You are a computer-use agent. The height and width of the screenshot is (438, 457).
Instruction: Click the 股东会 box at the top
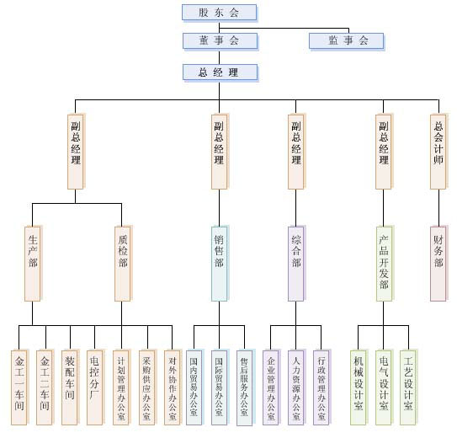(220, 13)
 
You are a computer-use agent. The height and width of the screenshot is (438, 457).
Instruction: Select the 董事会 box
(220, 40)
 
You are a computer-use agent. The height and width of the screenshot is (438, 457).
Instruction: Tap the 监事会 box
(346, 40)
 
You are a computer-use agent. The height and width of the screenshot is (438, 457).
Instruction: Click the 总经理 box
(220, 72)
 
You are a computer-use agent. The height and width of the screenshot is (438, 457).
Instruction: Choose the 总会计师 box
(438, 152)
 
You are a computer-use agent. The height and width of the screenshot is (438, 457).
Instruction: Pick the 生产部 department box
(32, 264)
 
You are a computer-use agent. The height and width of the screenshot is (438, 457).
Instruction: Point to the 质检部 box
(122, 264)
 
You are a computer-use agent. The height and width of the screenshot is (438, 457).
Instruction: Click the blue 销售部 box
(219, 264)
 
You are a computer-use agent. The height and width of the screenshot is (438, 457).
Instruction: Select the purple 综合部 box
(295, 264)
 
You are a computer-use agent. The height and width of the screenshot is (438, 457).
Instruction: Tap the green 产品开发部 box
(384, 264)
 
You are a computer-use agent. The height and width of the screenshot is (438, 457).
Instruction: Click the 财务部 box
(438, 264)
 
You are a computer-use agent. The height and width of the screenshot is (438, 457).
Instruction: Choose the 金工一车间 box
(19, 387)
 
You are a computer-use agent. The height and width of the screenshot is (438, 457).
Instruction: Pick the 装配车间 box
(70, 387)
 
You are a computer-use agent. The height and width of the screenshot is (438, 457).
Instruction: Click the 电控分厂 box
(95, 387)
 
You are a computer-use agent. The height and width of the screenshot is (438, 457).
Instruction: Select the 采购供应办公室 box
(147, 387)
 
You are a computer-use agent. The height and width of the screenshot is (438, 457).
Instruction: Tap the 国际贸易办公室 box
(219, 387)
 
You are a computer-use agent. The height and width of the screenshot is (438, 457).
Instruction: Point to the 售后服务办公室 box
(245, 387)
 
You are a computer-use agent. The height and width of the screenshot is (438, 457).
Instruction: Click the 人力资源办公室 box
(295, 387)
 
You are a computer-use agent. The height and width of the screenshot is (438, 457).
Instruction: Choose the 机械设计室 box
(359, 387)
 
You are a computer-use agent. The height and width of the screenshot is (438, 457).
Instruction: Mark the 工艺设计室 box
(407, 387)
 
